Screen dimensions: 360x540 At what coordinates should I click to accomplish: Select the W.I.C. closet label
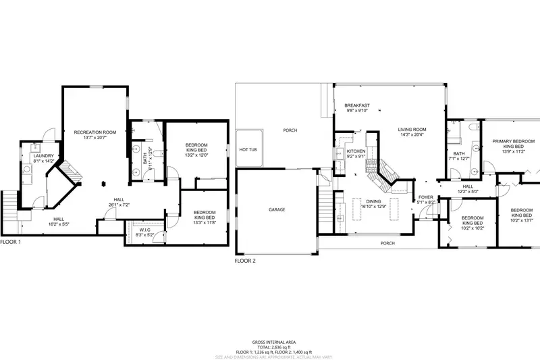coord(144,229)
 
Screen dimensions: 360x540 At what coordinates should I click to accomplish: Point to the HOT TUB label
coord(248,149)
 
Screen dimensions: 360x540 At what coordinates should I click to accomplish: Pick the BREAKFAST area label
coord(356,105)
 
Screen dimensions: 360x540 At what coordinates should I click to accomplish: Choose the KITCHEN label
coord(356,151)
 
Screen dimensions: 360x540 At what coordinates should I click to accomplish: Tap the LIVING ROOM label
coord(412,129)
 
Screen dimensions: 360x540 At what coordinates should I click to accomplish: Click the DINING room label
coord(374,201)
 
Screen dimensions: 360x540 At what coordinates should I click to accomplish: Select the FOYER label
coord(427,197)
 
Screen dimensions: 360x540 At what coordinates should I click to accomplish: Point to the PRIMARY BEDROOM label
coord(508,141)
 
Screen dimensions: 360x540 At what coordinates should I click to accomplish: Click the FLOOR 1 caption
coord(11,241)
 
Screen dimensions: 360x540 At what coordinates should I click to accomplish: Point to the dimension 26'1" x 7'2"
coord(119,204)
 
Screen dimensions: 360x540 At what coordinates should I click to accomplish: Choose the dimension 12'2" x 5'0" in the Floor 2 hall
coord(468,192)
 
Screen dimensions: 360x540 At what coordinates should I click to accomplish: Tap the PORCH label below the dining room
coord(387,243)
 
